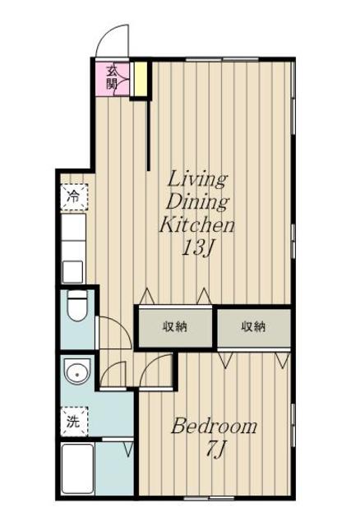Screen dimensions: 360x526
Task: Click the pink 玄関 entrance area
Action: click(112, 79)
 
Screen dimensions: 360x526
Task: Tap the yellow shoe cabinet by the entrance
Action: click(141, 79)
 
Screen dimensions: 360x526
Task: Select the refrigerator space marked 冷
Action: click(74, 197)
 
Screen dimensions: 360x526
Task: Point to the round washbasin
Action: click(77, 371)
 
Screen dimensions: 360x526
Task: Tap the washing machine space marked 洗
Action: click(74, 422)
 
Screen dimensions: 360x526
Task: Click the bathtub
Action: click(77, 468)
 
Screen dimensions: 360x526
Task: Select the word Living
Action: click(197, 180)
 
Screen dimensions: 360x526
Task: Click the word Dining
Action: click(197, 202)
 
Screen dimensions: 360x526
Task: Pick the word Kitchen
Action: click(196, 224)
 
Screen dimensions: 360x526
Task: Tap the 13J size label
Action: click(198, 248)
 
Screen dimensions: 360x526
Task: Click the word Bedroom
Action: click(214, 426)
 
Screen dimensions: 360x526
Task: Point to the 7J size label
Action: click(215, 449)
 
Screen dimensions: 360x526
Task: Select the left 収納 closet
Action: click(175, 326)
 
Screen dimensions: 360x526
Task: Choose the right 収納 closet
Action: click(254, 326)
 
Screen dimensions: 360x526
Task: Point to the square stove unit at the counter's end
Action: click(73, 272)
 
